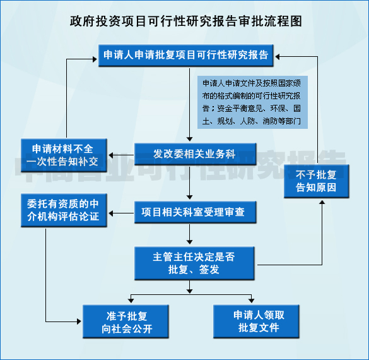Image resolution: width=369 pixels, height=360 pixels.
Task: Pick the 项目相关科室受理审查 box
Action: click(193, 212)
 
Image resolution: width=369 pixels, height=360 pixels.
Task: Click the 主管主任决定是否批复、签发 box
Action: click(193, 263)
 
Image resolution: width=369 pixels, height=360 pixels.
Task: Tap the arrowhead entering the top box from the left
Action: click(94, 60)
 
